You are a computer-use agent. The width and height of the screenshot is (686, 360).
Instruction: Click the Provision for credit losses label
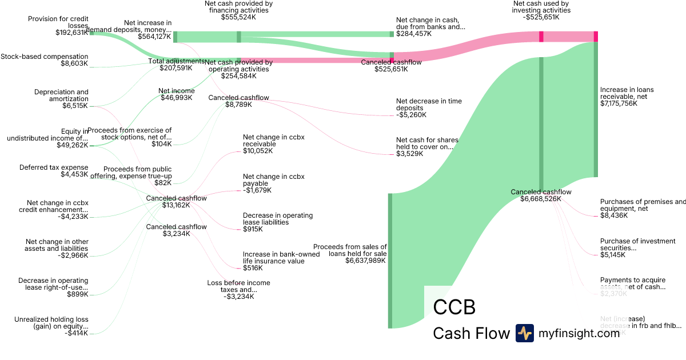click(58, 22)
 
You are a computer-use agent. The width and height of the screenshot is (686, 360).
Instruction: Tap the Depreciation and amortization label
click(61, 95)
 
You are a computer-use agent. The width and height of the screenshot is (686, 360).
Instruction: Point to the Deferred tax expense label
click(54, 167)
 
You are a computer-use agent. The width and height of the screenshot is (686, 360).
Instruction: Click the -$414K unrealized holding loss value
click(77, 333)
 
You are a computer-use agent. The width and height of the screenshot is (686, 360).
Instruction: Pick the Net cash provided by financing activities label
click(238, 7)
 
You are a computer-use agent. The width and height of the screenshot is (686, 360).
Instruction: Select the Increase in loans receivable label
click(627, 93)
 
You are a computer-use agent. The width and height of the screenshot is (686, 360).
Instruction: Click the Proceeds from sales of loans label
click(350, 250)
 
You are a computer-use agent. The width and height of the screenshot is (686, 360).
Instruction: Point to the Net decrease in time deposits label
click(429, 105)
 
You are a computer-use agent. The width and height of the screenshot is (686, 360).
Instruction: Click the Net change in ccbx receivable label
click(273, 141)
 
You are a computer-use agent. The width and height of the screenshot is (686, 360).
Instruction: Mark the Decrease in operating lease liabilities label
click(277, 219)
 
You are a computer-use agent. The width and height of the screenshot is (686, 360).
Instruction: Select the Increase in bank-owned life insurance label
click(273, 257)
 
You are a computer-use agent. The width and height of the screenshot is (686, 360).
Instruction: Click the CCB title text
click(454, 307)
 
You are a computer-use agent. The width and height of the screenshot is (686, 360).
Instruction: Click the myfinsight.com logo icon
click(524, 333)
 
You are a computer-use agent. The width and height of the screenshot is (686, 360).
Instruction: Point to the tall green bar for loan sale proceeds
click(390, 261)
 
